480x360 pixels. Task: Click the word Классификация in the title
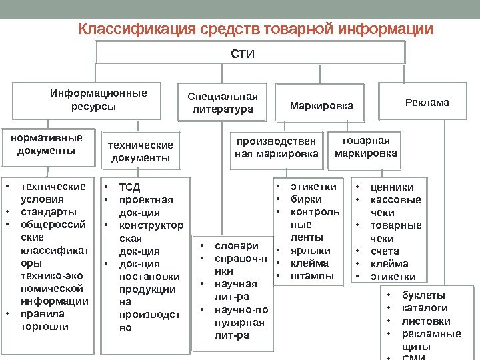(x=123, y=30)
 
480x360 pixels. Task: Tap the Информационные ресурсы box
(x=93, y=100)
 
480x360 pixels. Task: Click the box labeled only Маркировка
(x=321, y=105)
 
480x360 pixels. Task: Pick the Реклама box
(x=427, y=103)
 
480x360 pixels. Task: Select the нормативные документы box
(x=46, y=144)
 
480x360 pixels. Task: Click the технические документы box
(x=141, y=151)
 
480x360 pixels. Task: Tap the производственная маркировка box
(x=277, y=148)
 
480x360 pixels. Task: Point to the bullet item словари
(x=233, y=245)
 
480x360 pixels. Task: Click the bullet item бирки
(x=306, y=199)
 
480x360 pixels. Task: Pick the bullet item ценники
(x=391, y=187)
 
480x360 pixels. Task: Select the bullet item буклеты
(x=423, y=295)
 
